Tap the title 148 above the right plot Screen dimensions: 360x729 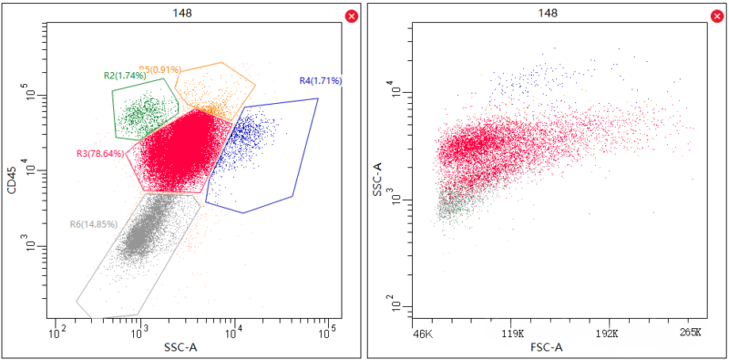[x=548, y=13]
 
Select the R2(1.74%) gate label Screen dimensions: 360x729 [x=125, y=75]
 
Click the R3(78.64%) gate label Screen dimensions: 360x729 [x=100, y=153]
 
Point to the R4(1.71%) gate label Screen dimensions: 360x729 [x=320, y=81]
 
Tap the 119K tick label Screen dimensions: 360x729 [x=514, y=334]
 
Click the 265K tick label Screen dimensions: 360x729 [x=691, y=334]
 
